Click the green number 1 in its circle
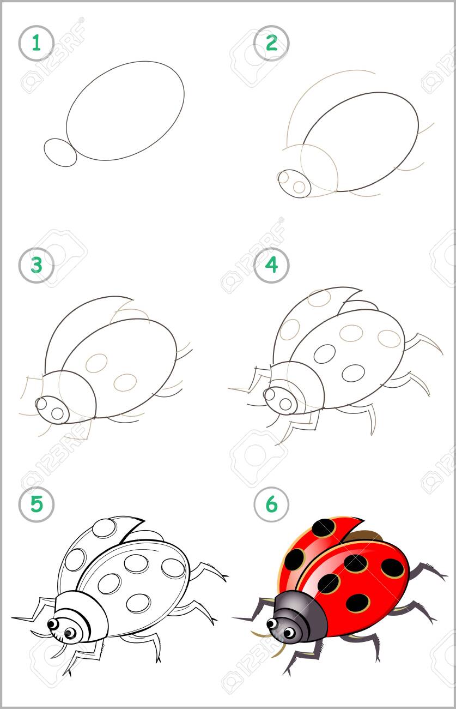pyautogui.click(x=37, y=43)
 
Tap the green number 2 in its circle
pyautogui.click(x=272, y=43)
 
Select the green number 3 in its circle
pyautogui.click(x=37, y=265)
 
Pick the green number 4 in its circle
pyautogui.click(x=272, y=265)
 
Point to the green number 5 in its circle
pyautogui.click(x=37, y=504)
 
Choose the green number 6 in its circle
pyautogui.click(x=272, y=504)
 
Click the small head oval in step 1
pyautogui.click(x=60, y=152)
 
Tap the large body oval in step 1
pyautogui.click(x=125, y=111)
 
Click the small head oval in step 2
pyautogui.click(x=294, y=184)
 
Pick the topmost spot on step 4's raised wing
pyautogui.click(x=319, y=298)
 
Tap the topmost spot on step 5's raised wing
pyautogui.click(x=105, y=528)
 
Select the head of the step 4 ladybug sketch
pyautogui.click(x=281, y=400)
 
